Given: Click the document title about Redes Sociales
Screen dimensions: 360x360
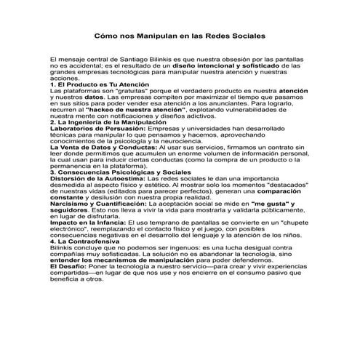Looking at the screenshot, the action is click(180, 34).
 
